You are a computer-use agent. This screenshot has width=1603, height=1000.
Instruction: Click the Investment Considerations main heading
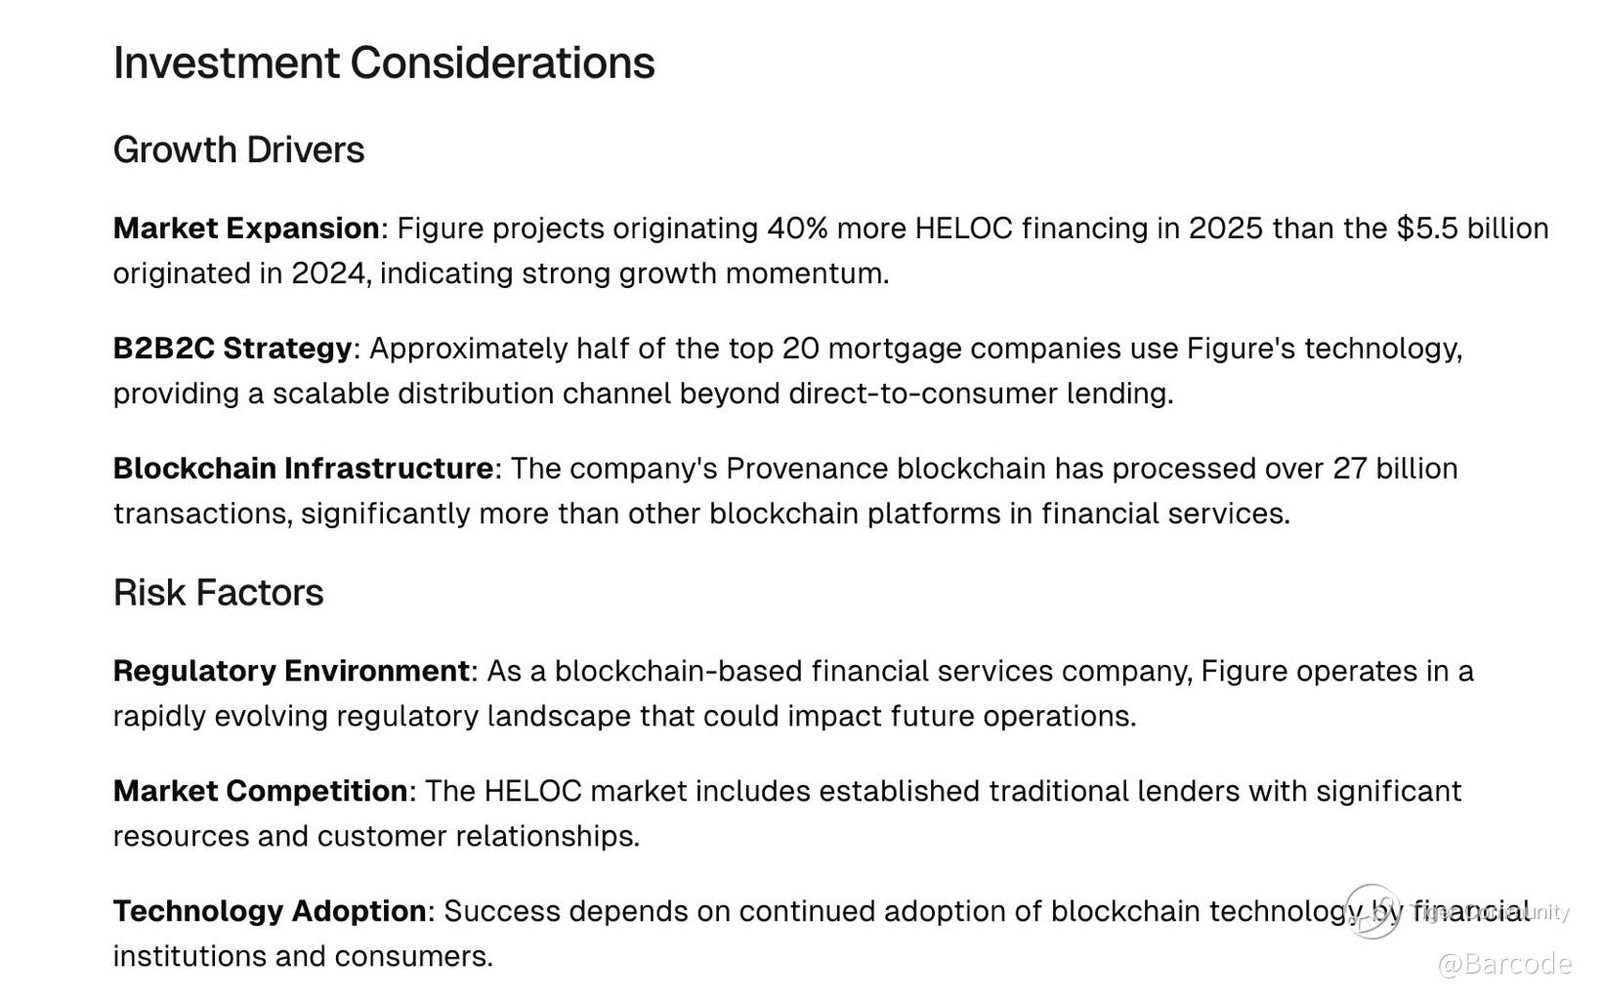(x=384, y=62)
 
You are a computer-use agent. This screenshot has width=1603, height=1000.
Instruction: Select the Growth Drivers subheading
(x=238, y=150)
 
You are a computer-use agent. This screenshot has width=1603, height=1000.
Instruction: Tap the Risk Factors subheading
(x=218, y=593)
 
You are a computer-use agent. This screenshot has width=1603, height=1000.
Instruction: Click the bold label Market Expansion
(x=246, y=229)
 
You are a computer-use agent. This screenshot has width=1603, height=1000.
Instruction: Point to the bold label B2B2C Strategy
(x=232, y=349)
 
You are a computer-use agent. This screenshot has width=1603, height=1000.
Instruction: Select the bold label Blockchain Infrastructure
(x=304, y=470)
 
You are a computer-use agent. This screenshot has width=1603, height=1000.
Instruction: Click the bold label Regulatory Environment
(x=291, y=672)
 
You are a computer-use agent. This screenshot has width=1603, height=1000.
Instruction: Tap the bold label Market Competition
(x=261, y=792)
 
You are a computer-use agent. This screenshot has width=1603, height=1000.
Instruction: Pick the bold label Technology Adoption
(x=270, y=912)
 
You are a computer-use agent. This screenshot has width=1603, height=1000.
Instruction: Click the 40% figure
(x=797, y=229)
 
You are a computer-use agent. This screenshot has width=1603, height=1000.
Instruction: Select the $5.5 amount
(x=1427, y=229)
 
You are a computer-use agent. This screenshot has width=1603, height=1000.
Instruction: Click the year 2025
(x=1226, y=229)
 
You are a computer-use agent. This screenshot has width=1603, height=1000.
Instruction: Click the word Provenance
(x=807, y=470)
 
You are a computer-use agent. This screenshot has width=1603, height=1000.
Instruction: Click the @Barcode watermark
(x=1504, y=965)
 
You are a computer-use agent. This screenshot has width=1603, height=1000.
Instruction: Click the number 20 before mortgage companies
(x=800, y=349)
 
